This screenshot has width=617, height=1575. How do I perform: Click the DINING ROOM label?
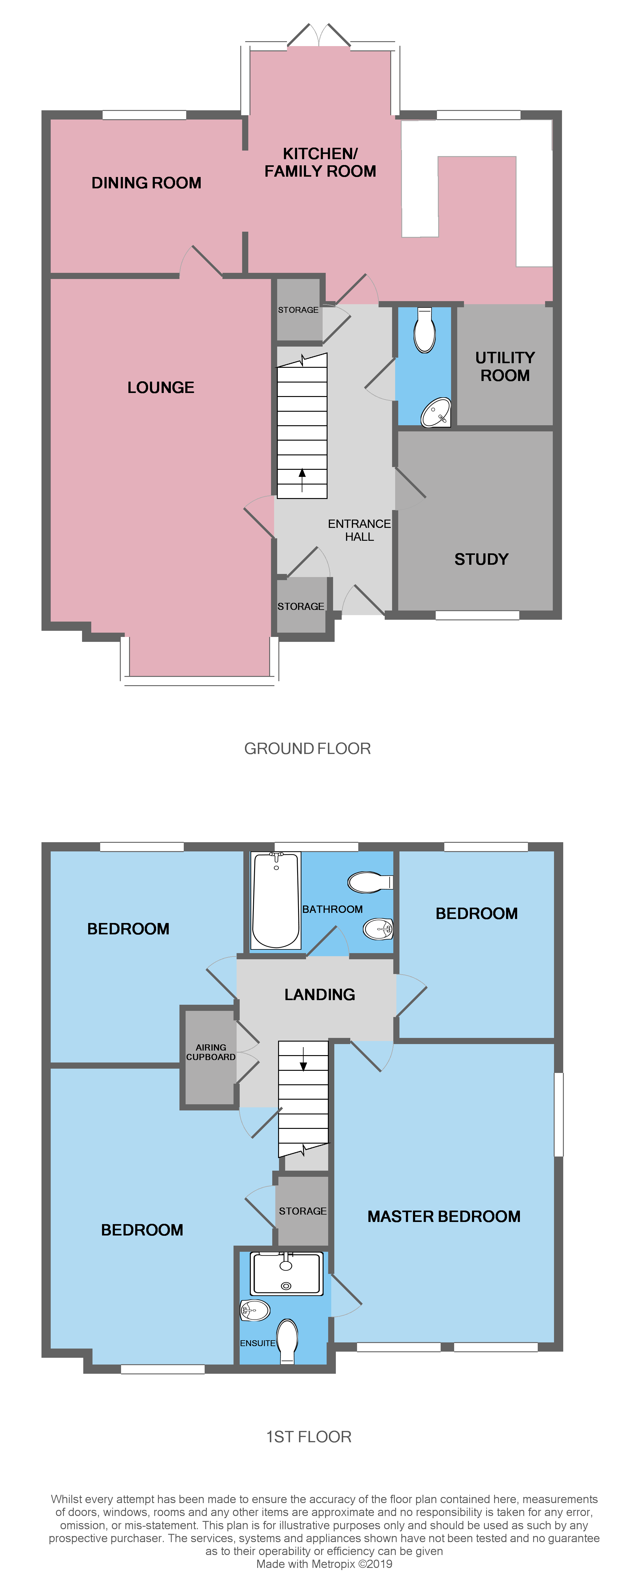pos(146,183)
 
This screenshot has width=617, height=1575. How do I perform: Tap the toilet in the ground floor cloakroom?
pos(424,330)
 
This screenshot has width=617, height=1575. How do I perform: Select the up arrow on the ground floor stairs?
pos(302,480)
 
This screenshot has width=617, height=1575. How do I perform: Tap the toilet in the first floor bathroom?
pos(369,882)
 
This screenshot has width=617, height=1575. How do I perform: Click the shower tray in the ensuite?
pos(286,1274)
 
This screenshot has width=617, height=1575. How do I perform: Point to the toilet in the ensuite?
pos(287,1341)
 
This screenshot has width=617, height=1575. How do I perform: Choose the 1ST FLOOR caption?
pos(309,1437)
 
